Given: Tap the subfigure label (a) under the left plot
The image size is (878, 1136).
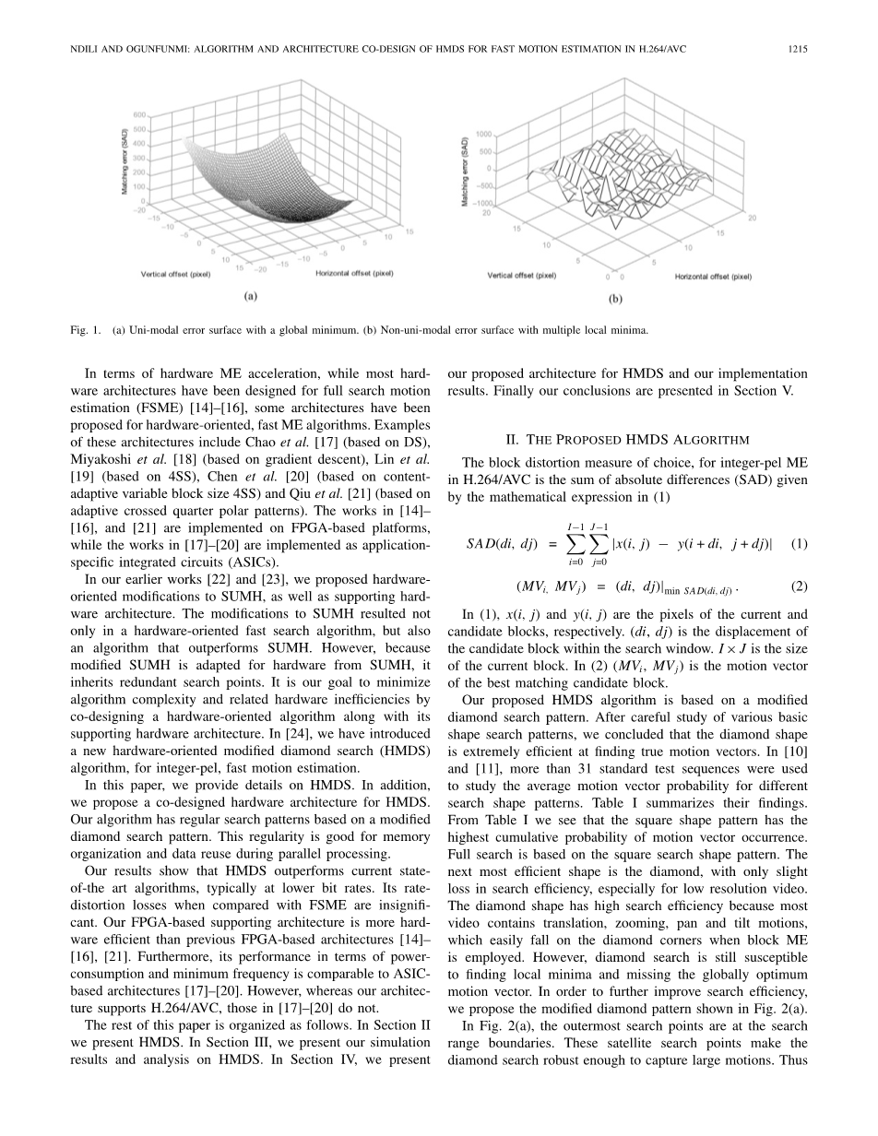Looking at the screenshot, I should pyautogui.click(x=249, y=296).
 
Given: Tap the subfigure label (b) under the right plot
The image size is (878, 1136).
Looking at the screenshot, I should pyautogui.click(x=615, y=299).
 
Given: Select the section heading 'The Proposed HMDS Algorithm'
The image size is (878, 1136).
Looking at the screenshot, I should pyautogui.click(x=627, y=439).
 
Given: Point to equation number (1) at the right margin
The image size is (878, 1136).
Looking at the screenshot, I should pyautogui.click(x=800, y=543).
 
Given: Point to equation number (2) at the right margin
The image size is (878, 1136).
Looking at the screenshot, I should pyautogui.click(x=800, y=586).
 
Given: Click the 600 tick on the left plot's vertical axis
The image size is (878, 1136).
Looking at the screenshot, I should pyautogui.click(x=139, y=115).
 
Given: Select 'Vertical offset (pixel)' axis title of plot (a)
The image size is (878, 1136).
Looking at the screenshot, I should pyautogui.click(x=175, y=274).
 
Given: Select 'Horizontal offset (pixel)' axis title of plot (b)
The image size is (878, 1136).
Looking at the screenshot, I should pyautogui.click(x=713, y=276).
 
